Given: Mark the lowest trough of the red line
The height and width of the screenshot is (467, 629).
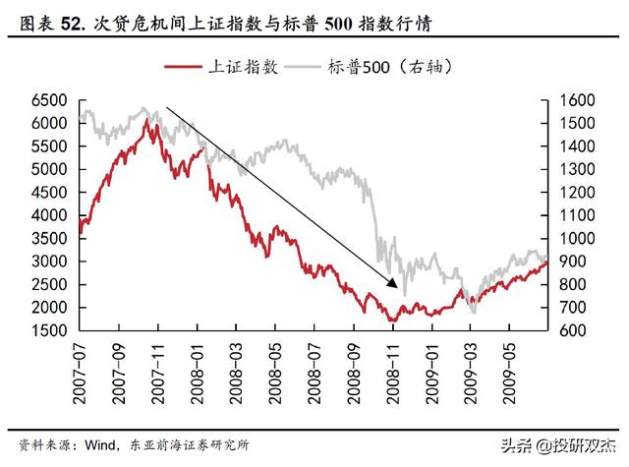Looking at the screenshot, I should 392,321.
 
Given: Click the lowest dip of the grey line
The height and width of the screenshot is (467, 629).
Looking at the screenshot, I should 474,313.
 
